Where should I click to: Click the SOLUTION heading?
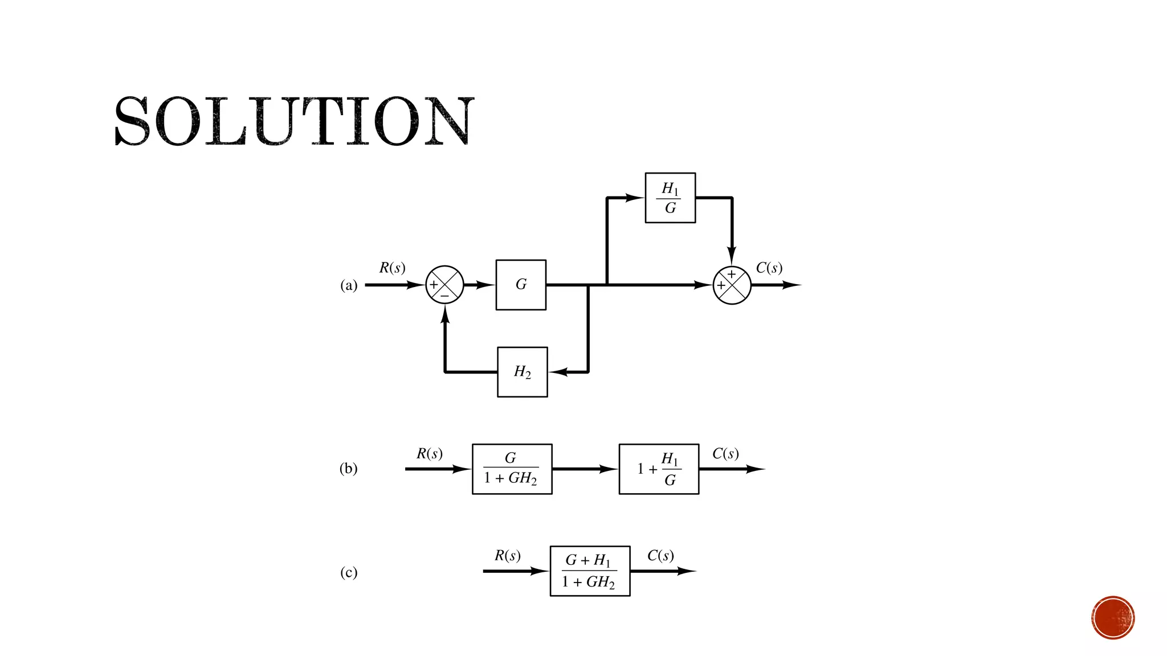tap(294, 121)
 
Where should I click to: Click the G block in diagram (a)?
tap(521, 285)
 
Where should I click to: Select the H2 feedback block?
tap(522, 372)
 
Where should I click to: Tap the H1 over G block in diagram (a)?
tap(670, 198)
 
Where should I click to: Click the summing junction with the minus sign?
tap(444, 285)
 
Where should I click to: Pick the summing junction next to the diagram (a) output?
tap(732, 285)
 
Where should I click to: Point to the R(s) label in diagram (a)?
tap(392, 268)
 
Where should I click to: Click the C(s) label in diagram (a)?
tap(769, 268)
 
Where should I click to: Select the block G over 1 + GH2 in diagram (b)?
tap(512, 469)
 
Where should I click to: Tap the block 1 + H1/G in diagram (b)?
tap(659, 469)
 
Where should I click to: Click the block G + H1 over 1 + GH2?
tap(590, 571)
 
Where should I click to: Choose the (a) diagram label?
tap(349, 285)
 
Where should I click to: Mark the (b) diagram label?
tap(349, 469)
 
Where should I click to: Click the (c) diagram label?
tap(349, 572)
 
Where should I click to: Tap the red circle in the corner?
tap(1113, 618)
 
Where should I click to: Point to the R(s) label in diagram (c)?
tap(507, 555)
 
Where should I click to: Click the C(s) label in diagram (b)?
tap(725, 453)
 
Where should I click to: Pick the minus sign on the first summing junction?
tap(444, 296)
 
